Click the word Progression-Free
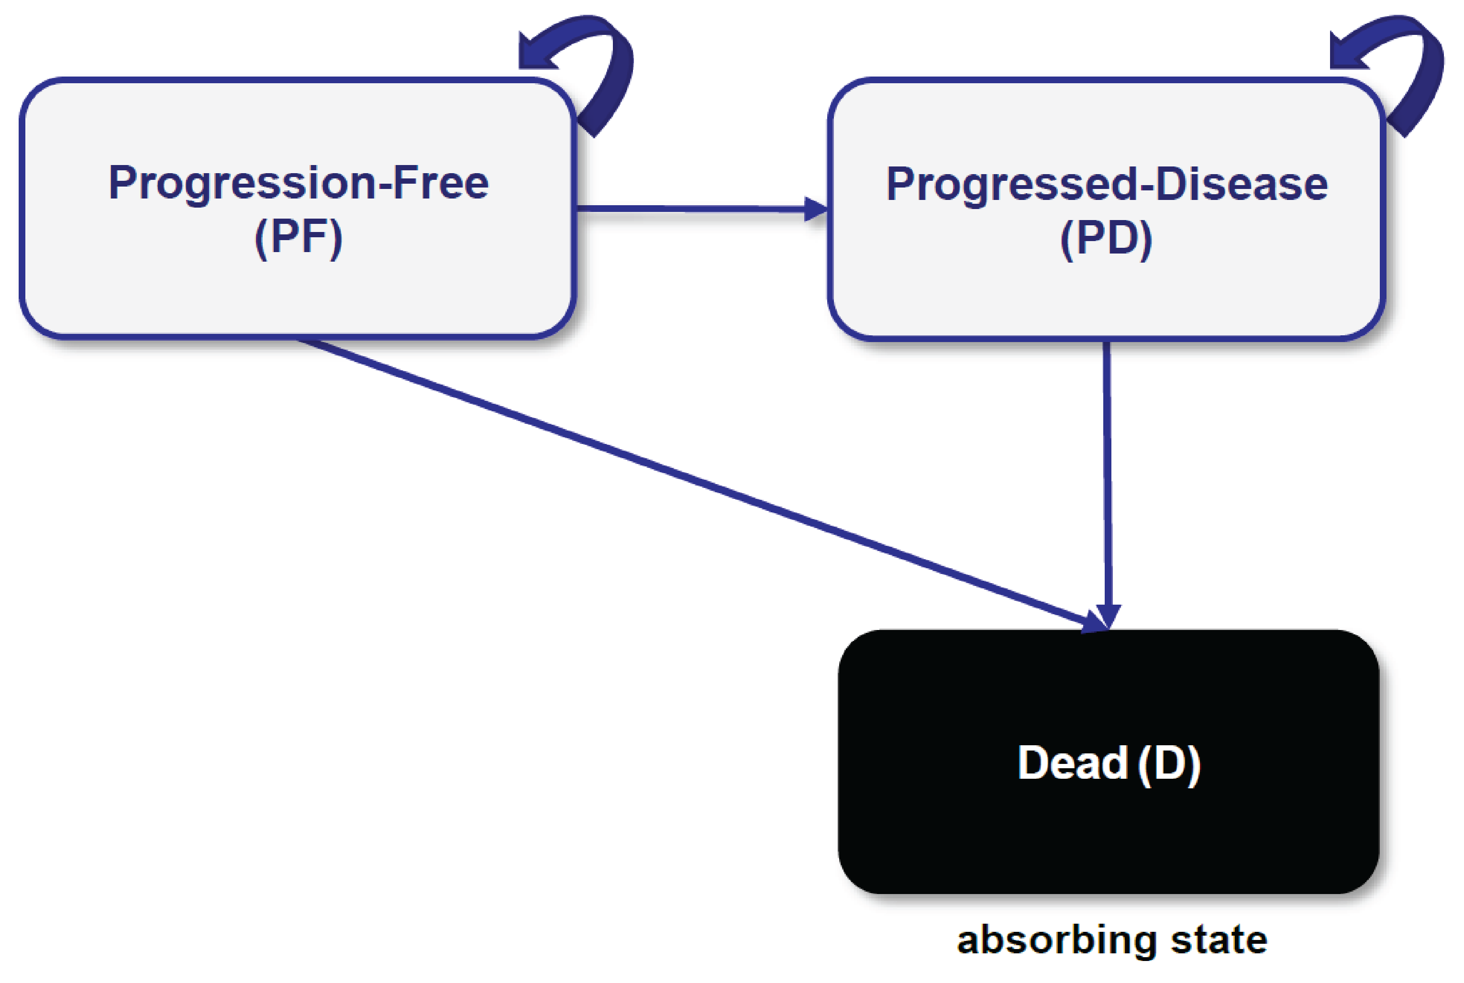click(299, 183)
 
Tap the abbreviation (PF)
click(299, 238)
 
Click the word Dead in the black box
click(1072, 763)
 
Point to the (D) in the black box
click(1168, 763)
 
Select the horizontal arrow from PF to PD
click(690, 209)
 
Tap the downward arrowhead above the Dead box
click(1109, 615)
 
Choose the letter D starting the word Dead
click(1033, 763)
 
